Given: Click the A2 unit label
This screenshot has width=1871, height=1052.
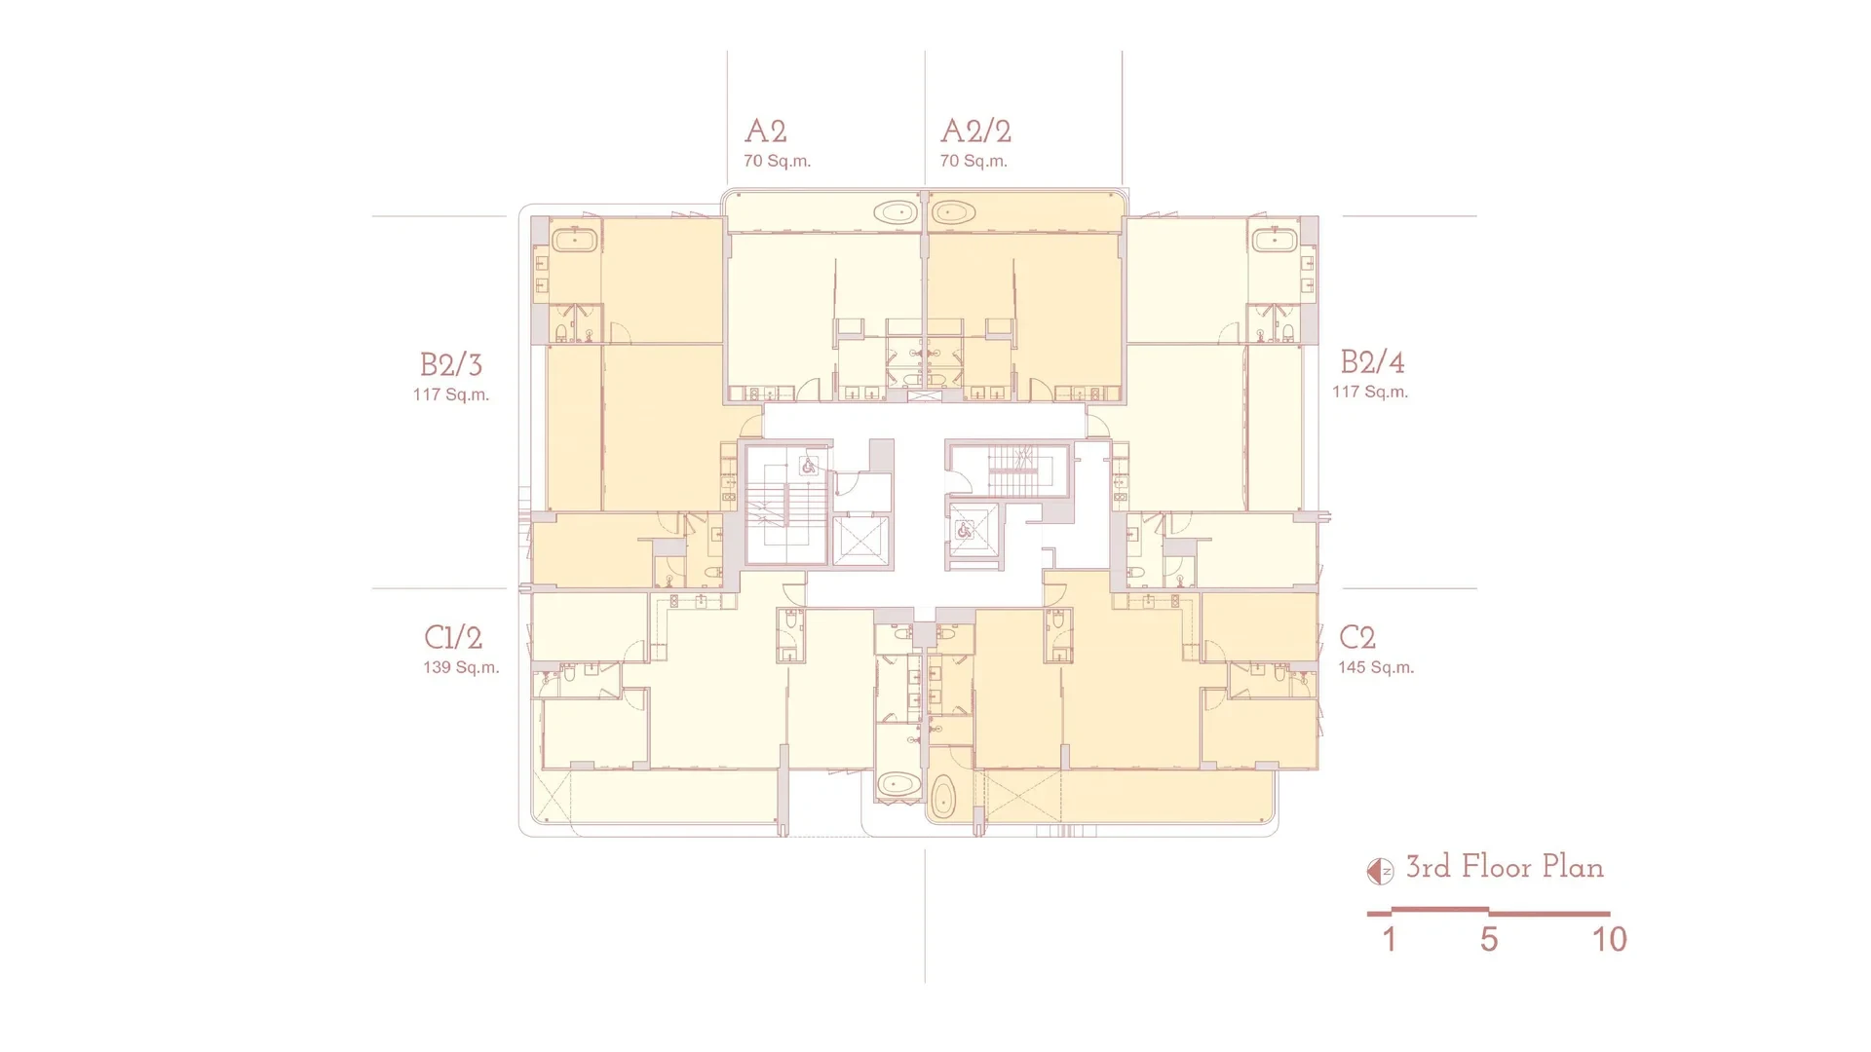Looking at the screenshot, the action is (x=765, y=131).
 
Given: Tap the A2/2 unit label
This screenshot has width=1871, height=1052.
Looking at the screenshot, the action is (x=975, y=131).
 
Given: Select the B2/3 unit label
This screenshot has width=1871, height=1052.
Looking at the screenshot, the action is (x=451, y=364).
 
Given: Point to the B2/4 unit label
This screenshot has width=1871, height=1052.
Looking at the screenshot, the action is (x=1372, y=362).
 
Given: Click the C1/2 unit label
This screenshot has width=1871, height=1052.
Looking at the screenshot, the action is (x=453, y=637).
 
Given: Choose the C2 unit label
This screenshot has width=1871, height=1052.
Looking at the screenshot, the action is (x=1357, y=637).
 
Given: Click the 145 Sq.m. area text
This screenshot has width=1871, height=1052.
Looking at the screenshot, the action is (x=1376, y=667).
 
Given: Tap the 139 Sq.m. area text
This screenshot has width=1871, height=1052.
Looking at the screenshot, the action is (x=461, y=667).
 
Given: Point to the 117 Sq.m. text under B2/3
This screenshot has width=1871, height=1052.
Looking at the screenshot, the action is (x=451, y=394).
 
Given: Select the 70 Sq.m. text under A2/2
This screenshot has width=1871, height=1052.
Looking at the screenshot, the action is (x=974, y=161).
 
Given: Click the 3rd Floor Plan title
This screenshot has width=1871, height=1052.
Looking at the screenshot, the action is (x=1505, y=867).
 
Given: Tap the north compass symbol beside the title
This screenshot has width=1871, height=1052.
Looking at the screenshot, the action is (x=1380, y=871).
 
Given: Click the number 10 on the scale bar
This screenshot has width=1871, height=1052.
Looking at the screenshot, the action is (x=1610, y=939).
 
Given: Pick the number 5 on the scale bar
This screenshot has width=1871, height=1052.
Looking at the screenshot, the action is (x=1489, y=939).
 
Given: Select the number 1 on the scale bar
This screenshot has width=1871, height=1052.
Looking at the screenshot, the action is (x=1390, y=939).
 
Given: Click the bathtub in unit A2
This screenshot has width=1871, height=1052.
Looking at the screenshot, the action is (x=896, y=212).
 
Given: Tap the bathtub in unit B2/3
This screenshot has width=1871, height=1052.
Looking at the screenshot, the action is (x=575, y=240).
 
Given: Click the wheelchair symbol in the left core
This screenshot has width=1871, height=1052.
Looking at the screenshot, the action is (x=809, y=468).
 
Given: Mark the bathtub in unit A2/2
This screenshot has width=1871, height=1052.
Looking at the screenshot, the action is (x=953, y=212).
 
